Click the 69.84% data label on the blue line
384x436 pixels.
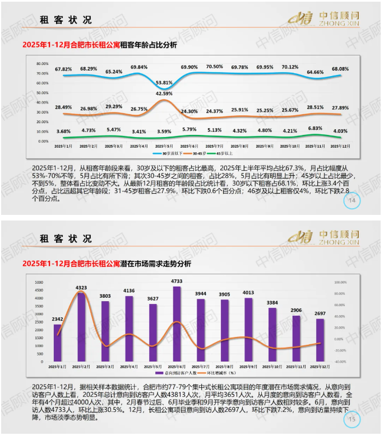[x=139, y=67]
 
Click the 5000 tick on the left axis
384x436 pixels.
[x=39, y=282]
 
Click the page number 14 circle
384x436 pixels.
[x=352, y=201]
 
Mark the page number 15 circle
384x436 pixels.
[x=352, y=418]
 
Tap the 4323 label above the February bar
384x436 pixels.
[x=81, y=288]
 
